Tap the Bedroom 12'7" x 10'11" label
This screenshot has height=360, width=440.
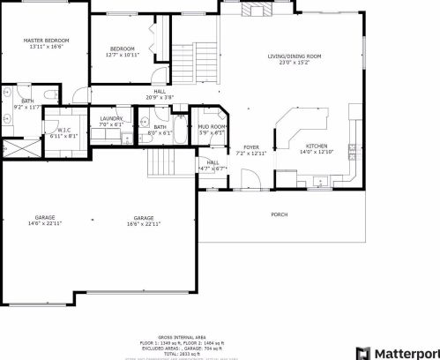point(123,52)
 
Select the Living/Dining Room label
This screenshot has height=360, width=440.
point(295,59)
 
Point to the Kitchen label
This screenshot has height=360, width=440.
point(317,149)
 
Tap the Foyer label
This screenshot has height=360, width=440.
point(252,150)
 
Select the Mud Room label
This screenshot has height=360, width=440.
point(211,130)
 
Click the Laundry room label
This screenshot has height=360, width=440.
point(111,121)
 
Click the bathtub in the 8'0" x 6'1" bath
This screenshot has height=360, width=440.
point(176,134)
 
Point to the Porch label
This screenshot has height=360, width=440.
point(279,214)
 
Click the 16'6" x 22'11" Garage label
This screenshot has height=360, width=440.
point(144,220)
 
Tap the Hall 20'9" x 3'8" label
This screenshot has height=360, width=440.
point(160,94)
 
